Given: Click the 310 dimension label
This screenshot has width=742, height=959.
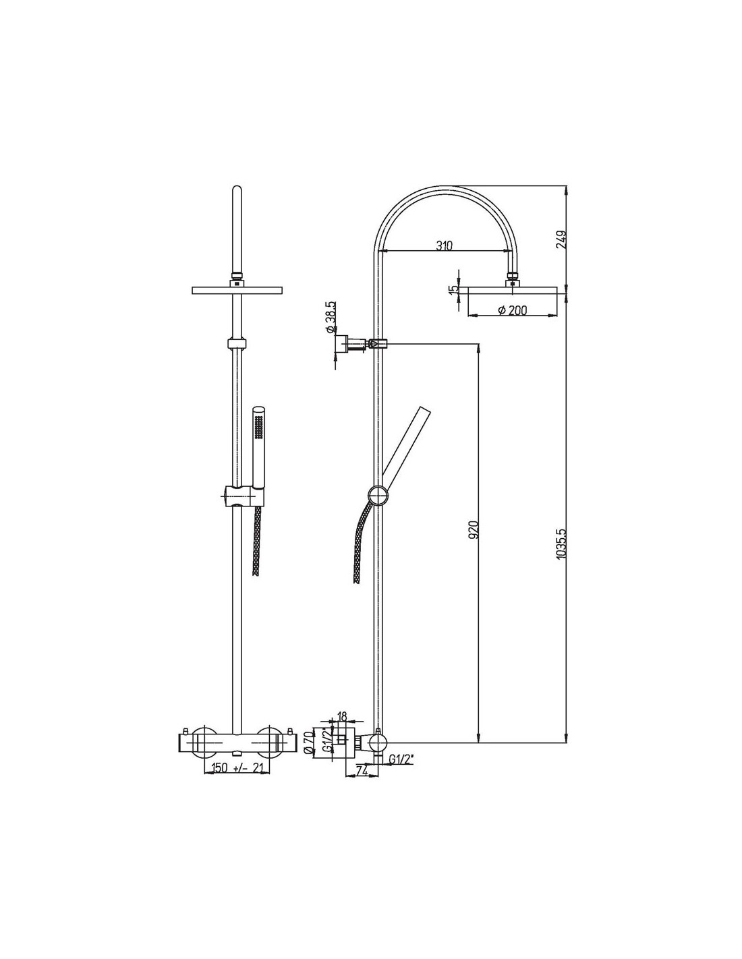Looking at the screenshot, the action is click(x=444, y=245).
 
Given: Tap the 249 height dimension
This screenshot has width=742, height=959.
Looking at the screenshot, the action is click(x=561, y=239).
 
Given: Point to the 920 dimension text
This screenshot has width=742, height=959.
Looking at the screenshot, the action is click(x=474, y=529).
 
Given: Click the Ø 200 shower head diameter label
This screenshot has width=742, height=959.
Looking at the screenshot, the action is click(x=512, y=310).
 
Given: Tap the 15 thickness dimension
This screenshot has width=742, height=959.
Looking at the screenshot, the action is click(x=451, y=289).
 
